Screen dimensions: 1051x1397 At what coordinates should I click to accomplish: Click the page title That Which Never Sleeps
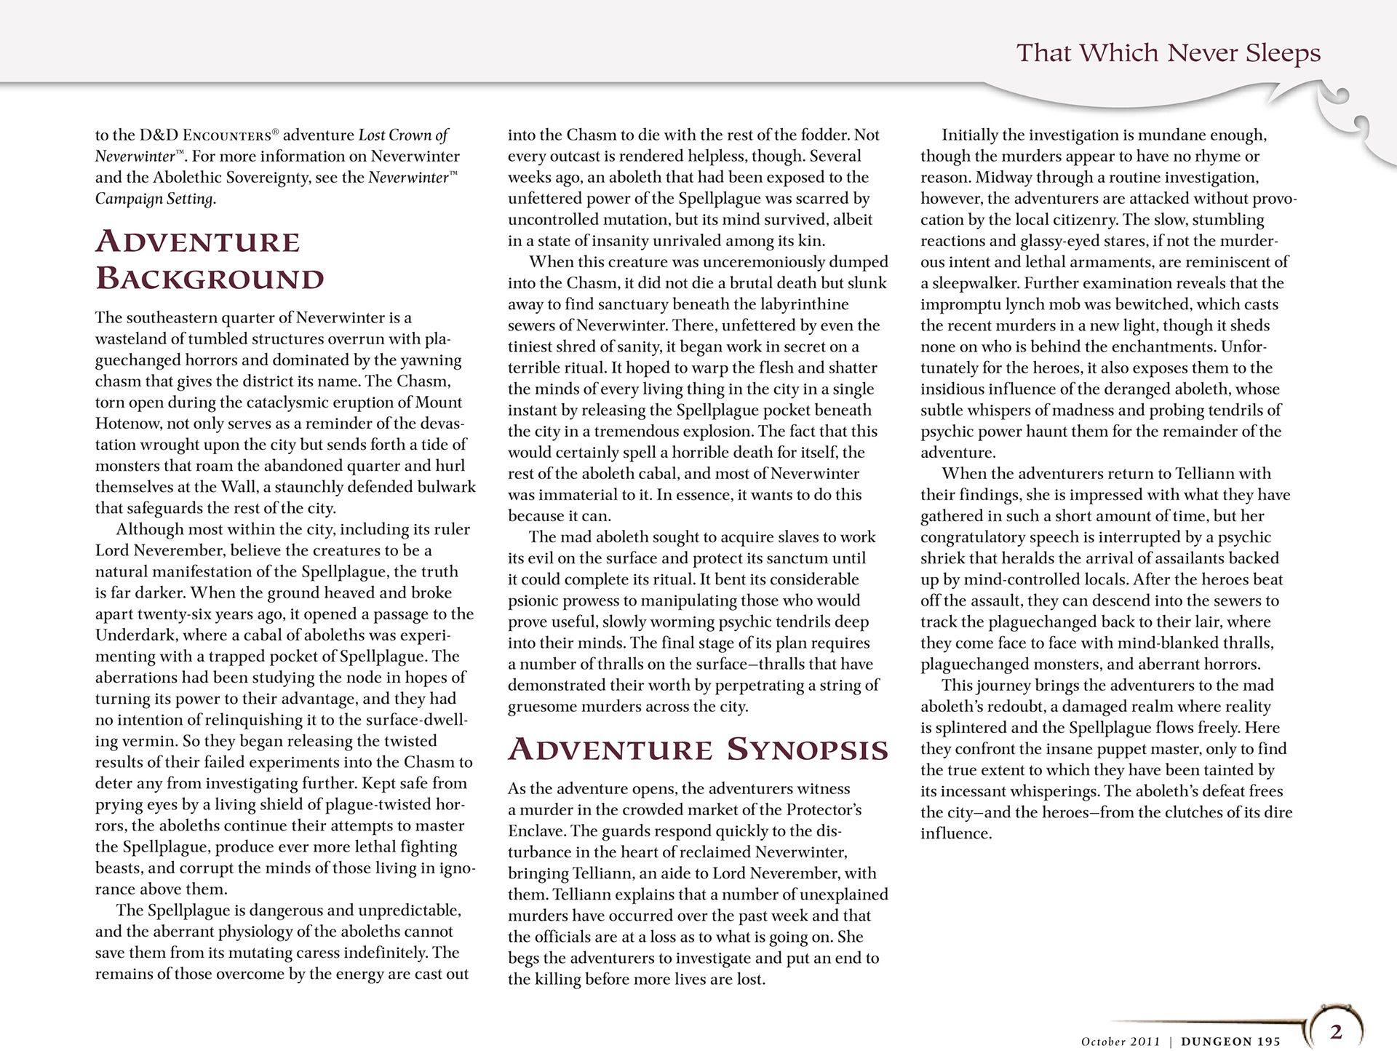pos(1168,53)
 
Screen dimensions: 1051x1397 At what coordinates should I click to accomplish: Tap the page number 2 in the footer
pos(1336,1031)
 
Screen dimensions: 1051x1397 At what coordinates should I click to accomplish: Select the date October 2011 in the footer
pos(1121,1042)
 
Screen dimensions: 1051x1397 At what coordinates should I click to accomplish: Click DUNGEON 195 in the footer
pos(1230,1042)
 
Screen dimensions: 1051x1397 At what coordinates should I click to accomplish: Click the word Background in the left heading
pos(210,279)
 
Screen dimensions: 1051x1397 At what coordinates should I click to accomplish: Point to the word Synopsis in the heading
pos(808,750)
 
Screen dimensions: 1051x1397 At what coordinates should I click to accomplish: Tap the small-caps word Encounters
pos(227,135)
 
